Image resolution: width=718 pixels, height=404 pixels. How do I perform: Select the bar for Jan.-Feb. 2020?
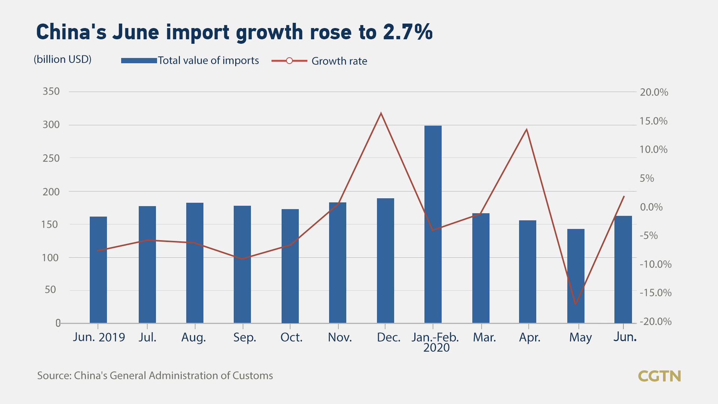click(x=433, y=224)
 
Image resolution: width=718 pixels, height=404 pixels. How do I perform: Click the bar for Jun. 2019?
click(x=98, y=269)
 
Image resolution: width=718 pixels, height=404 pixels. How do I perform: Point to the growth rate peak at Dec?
click(x=381, y=113)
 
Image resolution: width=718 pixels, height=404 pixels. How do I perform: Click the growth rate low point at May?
click(x=576, y=304)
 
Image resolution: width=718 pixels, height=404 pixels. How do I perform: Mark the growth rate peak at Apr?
click(x=527, y=129)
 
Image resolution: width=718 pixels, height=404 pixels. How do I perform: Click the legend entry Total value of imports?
click(x=208, y=61)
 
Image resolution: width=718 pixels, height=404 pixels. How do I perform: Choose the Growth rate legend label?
click(x=339, y=61)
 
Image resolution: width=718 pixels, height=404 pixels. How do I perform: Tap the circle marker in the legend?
click(x=289, y=61)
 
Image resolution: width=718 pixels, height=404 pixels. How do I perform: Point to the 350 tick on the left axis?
click(x=51, y=91)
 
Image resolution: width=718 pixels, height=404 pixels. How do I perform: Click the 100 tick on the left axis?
click(x=50, y=258)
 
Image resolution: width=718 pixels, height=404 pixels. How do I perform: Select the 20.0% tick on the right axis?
click(x=654, y=92)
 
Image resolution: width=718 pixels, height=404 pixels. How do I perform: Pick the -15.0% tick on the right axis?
click(x=655, y=293)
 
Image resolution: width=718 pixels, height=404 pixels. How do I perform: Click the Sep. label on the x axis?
click(x=245, y=337)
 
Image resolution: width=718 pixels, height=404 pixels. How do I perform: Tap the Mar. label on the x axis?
click(x=484, y=337)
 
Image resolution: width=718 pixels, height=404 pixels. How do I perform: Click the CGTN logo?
click(x=659, y=376)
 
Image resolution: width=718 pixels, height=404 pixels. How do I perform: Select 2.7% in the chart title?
click(x=408, y=32)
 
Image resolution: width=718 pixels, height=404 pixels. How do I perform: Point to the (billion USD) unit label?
click(x=62, y=59)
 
